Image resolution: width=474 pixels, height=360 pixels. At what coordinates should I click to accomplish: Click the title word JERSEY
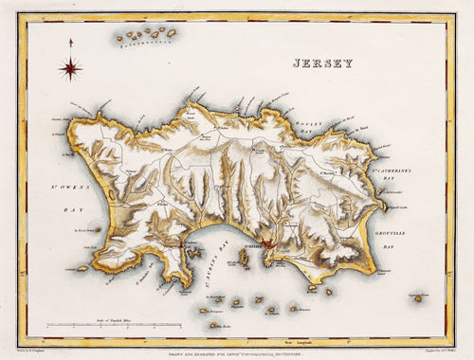pyautogui.click(x=321, y=63)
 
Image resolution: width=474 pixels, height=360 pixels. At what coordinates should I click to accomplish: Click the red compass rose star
pyautogui.click(x=70, y=67)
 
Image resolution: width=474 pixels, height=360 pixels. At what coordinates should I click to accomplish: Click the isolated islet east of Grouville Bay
pyautogui.click(x=418, y=298)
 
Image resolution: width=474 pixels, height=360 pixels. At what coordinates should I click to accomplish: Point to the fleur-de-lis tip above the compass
pyautogui.click(x=70, y=42)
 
